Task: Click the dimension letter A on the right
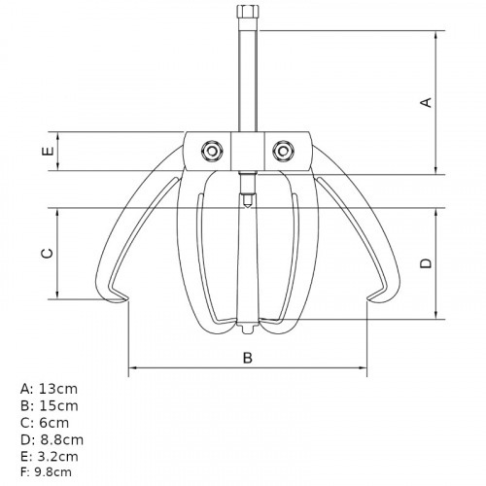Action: click(x=424, y=102)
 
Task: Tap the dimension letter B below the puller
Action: click(x=247, y=357)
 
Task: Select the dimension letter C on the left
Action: click(x=46, y=254)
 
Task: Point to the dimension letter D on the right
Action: click(x=425, y=263)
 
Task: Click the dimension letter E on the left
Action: click(x=46, y=152)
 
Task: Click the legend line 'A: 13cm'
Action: click(x=49, y=388)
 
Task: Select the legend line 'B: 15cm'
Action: click(x=49, y=405)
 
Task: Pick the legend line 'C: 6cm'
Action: click(x=45, y=422)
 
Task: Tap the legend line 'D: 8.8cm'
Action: click(x=52, y=438)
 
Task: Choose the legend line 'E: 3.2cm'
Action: click(x=51, y=455)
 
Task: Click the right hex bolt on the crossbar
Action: click(x=283, y=149)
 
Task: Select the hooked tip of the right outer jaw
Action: click(x=374, y=295)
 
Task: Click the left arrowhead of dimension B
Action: click(x=132, y=368)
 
